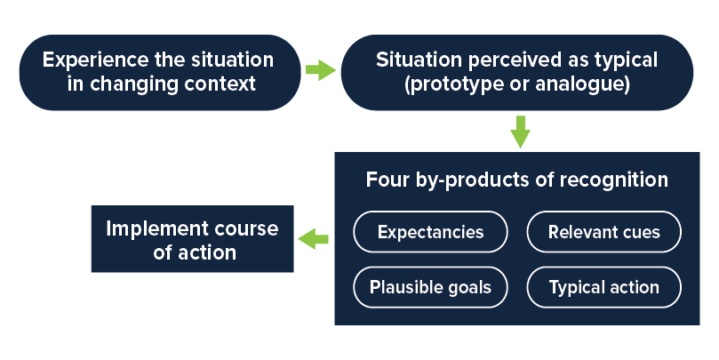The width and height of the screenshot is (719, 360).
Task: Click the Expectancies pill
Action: (430, 232)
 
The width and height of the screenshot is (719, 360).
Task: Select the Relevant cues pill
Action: (603, 232)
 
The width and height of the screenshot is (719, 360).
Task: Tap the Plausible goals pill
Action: (430, 287)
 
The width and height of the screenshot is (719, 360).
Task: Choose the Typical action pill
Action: (603, 287)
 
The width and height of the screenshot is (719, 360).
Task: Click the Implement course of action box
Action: (193, 239)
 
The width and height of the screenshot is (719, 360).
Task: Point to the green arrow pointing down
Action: (521, 132)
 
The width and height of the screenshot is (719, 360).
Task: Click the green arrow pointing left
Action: (313, 239)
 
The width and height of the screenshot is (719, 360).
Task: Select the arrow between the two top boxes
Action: (321, 70)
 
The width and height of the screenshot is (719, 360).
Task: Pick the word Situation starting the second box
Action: (419, 60)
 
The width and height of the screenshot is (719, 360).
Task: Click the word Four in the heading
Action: (387, 180)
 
